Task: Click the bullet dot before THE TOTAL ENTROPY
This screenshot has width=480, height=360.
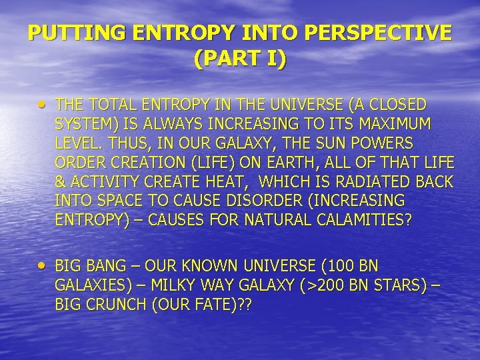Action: [x=43, y=105]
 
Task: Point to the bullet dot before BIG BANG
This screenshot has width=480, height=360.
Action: [x=43, y=266]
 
